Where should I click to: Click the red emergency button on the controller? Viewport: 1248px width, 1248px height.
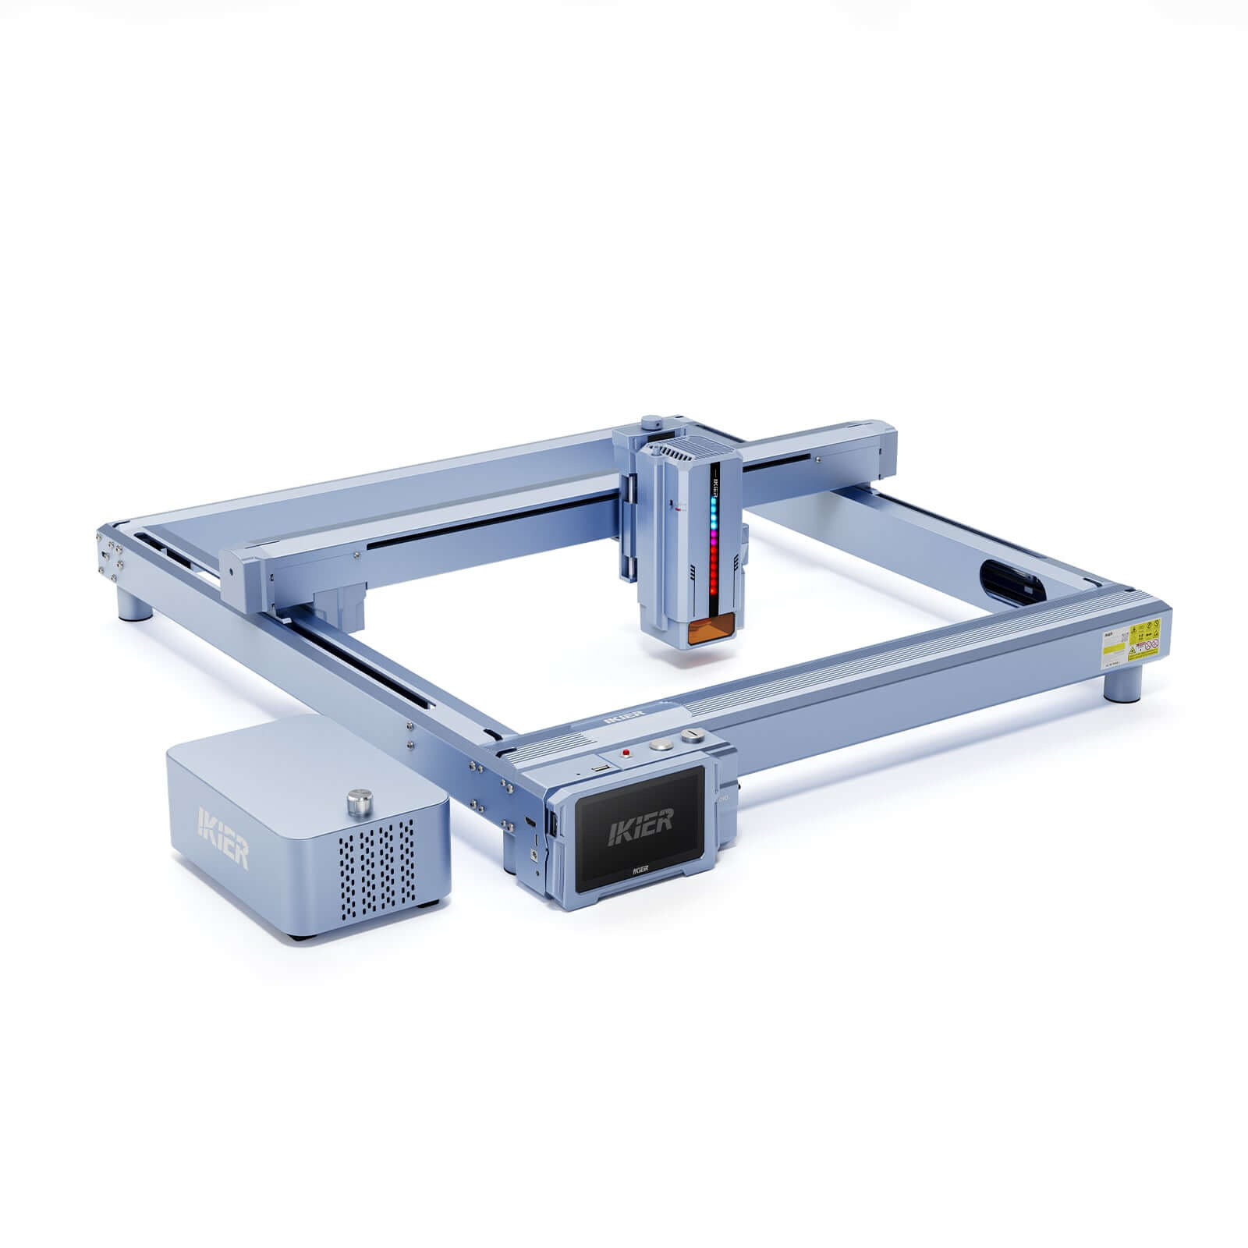(626, 753)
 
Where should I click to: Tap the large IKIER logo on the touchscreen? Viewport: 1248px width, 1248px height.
(640, 821)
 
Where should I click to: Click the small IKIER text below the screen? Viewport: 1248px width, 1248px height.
(640, 867)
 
